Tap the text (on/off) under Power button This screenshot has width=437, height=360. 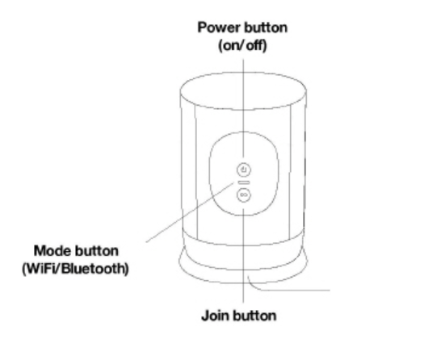[242, 45]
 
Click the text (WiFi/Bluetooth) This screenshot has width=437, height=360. [75, 269]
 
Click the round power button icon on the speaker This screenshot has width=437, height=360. [244, 170]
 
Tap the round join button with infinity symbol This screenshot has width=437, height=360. [244, 195]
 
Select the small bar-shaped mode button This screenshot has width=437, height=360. [244, 182]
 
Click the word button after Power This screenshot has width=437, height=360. [266, 27]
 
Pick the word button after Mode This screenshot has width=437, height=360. [97, 251]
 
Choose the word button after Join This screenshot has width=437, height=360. [254, 316]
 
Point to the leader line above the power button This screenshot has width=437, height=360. [244, 109]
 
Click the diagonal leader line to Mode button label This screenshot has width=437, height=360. [190, 212]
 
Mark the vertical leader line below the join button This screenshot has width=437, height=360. [244, 256]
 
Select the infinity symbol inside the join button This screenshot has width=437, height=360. [244, 195]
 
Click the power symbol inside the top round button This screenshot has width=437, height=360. [244, 170]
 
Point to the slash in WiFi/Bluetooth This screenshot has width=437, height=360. [58, 269]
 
